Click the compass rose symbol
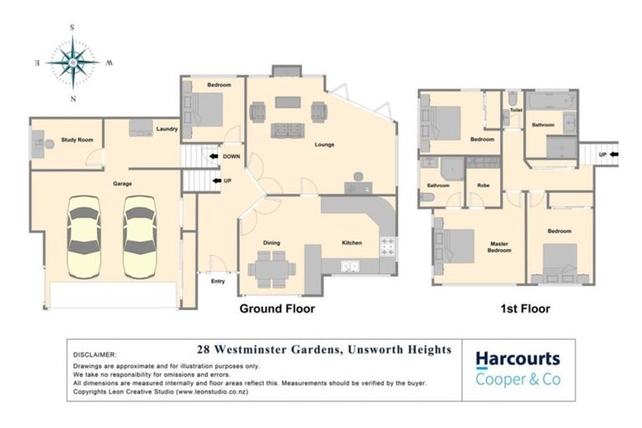(x=73, y=63)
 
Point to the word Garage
(x=123, y=182)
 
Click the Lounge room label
(x=324, y=145)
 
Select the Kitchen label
(x=351, y=242)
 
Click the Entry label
(x=217, y=281)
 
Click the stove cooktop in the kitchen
(x=388, y=246)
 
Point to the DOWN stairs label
(x=232, y=156)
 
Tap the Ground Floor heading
(x=277, y=308)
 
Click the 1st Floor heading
(x=525, y=308)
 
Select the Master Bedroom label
(x=499, y=248)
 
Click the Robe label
(x=482, y=185)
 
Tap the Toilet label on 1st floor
(x=516, y=110)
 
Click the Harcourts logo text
(x=517, y=359)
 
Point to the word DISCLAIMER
(x=96, y=354)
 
